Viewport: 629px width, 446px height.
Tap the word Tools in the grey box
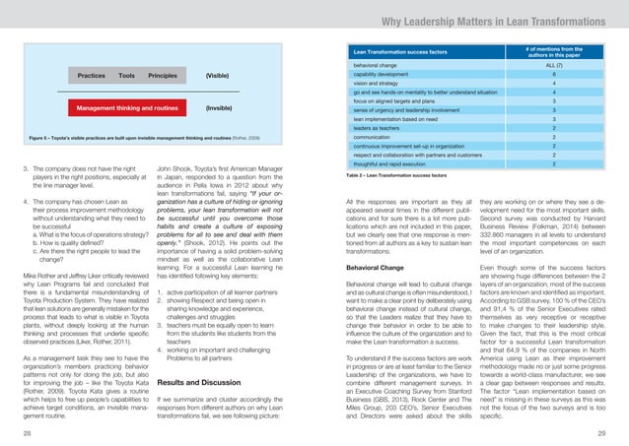[x=126, y=75]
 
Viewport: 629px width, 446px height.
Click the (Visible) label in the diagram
[x=219, y=75]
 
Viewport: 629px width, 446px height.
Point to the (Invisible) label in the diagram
[x=219, y=106]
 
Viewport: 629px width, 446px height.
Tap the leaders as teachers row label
[x=381, y=128]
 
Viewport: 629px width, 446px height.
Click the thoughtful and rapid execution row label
[x=394, y=164]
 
